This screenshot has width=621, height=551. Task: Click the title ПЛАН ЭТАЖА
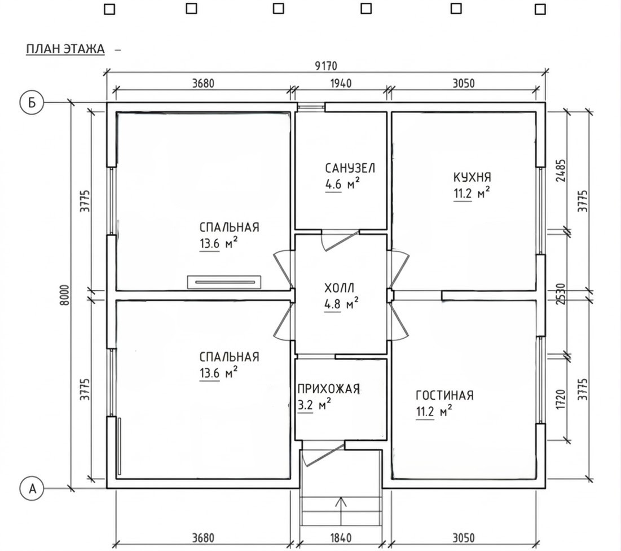click(65, 49)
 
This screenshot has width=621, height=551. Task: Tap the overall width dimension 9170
click(326, 66)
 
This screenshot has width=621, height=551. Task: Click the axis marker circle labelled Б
click(32, 103)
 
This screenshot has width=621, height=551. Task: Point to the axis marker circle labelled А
click(32, 488)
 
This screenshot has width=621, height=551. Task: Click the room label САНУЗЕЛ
click(350, 168)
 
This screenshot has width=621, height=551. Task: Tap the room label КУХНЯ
click(472, 177)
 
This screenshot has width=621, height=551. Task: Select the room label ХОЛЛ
click(340, 288)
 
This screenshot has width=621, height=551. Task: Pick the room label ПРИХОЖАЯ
click(329, 389)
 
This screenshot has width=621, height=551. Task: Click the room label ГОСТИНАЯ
click(444, 395)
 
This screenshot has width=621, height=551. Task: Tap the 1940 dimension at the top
click(341, 84)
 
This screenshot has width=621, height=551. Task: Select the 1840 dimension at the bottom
click(341, 538)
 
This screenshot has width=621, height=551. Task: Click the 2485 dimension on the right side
click(561, 171)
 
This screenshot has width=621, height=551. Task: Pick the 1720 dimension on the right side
click(561, 400)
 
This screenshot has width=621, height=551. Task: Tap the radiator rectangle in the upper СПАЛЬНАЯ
click(224, 282)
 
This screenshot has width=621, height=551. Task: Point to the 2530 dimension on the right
click(561, 294)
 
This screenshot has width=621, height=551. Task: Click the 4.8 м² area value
click(342, 304)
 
